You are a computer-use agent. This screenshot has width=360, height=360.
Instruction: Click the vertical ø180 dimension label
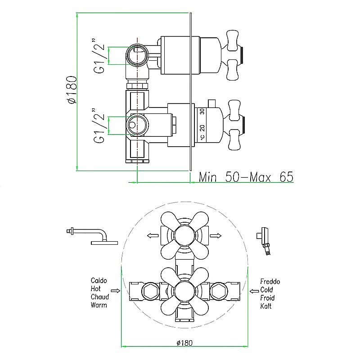coord(72,90)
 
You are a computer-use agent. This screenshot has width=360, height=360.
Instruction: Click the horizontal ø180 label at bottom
coord(184,343)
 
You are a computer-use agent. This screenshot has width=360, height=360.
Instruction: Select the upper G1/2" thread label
coord(99,55)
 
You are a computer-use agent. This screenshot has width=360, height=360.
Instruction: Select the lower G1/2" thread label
coord(99,126)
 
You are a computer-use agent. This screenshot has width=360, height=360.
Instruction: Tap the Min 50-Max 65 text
coord(246,177)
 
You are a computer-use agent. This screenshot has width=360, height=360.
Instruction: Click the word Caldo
coord(99,280)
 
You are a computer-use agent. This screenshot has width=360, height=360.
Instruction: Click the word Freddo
coord(270,282)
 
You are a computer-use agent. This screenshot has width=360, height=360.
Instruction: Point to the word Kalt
coord(266,306)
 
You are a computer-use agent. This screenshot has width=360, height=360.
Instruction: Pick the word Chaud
coord(100,297)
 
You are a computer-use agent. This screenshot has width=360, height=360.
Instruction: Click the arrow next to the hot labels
coord(116,291)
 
